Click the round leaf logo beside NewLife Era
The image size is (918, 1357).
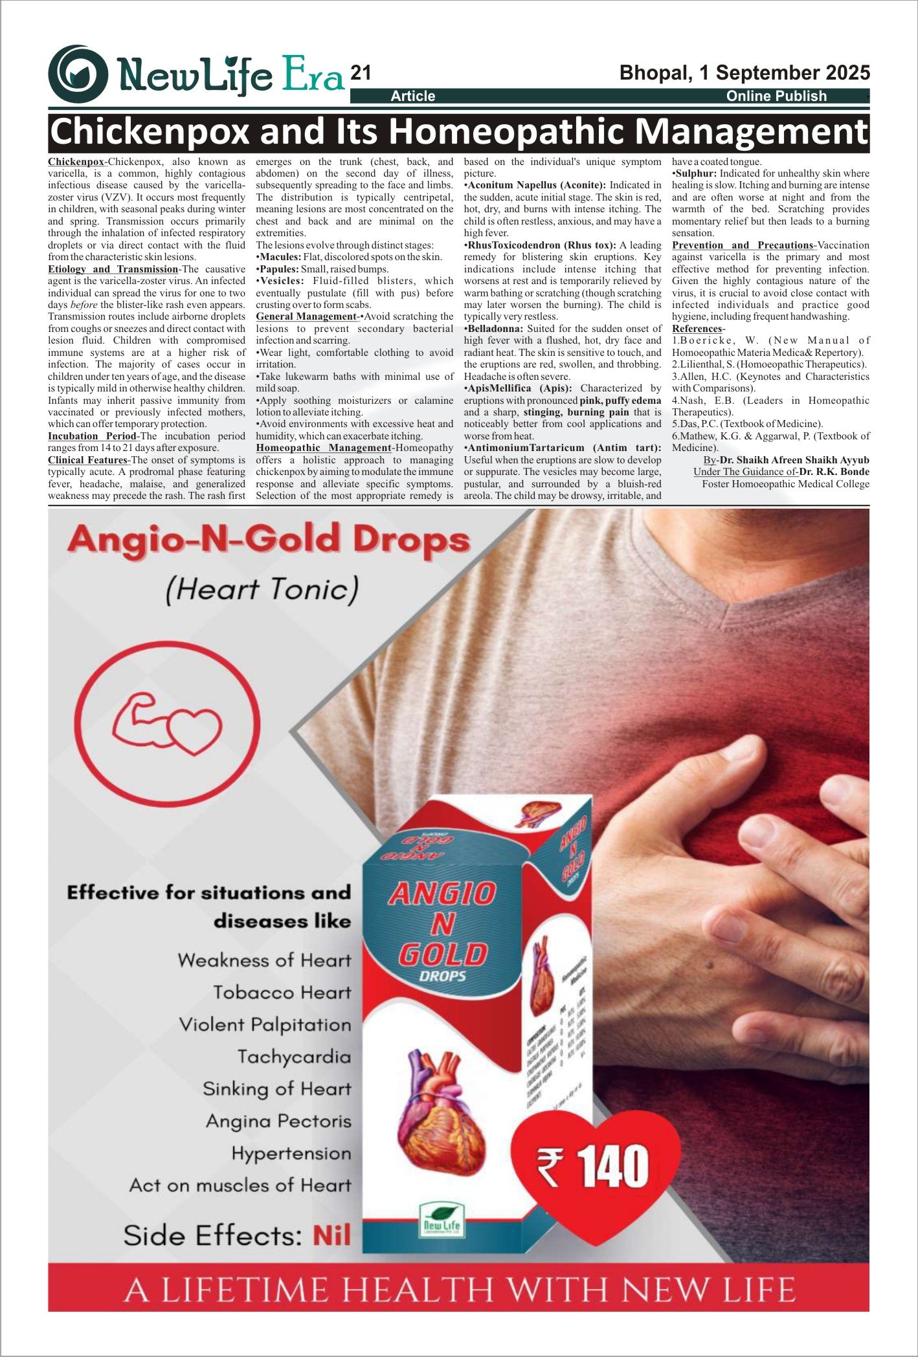click(x=78, y=74)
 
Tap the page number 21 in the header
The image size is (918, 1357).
click(x=361, y=73)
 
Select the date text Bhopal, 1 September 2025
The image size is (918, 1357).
click(x=744, y=72)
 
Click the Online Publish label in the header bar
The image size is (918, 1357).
click(x=776, y=96)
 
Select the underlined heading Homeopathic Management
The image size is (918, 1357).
click(x=323, y=448)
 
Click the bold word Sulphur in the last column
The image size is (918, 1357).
click(x=696, y=173)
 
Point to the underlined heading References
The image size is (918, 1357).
click(x=697, y=329)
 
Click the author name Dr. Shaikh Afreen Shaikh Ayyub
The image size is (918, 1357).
click(x=794, y=460)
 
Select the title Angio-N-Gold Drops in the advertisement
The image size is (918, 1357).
click(x=269, y=540)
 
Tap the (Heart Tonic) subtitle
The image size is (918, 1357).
click(x=262, y=590)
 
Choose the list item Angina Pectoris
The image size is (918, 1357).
click(x=278, y=1121)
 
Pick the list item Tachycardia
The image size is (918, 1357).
click(x=294, y=1057)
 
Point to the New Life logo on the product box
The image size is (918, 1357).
click(x=442, y=1220)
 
